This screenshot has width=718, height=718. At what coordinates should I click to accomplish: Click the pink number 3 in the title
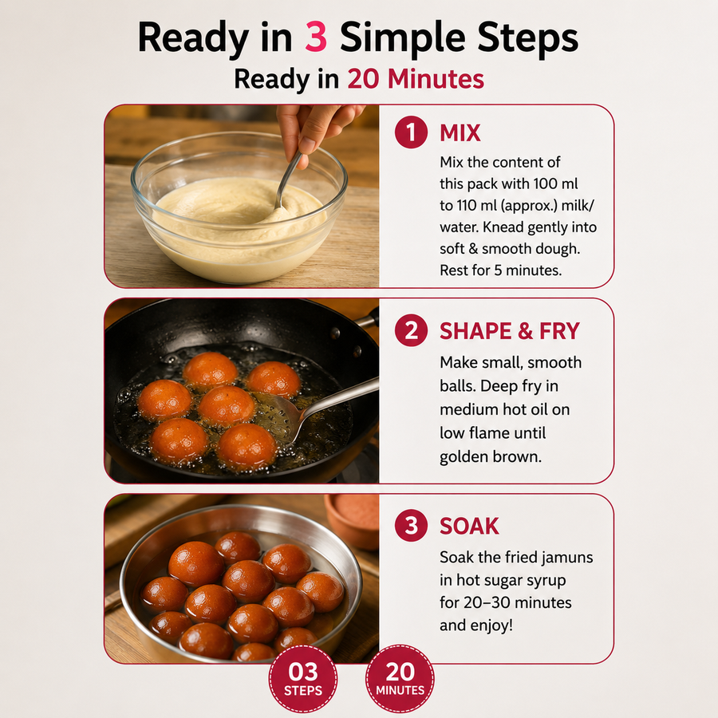coord(316,37)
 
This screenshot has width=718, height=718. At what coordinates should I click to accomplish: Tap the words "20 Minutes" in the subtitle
coord(416,79)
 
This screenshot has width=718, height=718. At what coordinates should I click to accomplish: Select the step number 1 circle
coord(411,132)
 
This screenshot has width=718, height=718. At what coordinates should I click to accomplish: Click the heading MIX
coord(460,132)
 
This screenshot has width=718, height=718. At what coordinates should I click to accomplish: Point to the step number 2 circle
coord(411,330)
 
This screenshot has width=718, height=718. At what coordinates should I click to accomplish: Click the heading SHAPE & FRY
coord(510,331)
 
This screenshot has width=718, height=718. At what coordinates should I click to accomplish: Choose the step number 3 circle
coord(411,526)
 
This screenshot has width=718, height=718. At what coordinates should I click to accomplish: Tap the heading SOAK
coord(469,527)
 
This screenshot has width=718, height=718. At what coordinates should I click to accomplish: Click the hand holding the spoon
coord(316,131)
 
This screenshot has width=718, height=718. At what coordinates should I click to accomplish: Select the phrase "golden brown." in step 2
coord(490,457)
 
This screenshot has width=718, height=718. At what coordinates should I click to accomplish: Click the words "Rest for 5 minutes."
coord(500,270)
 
